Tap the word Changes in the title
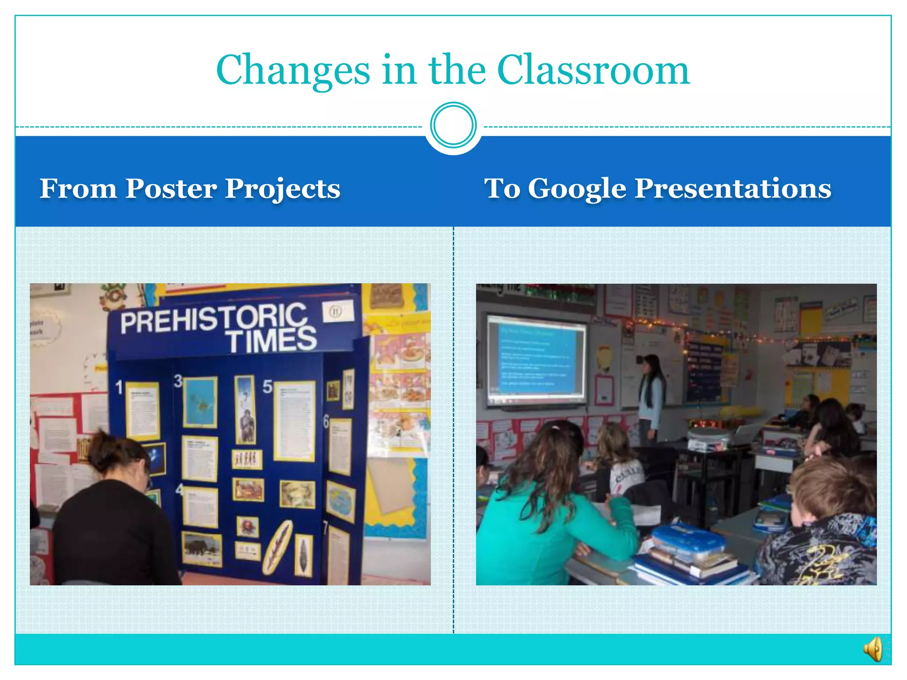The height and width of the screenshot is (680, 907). pyautogui.click(x=293, y=71)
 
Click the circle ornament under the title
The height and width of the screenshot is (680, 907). pyautogui.click(x=453, y=125)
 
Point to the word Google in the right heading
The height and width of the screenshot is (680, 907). pyautogui.click(x=577, y=189)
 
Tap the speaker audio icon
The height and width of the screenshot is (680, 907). pyautogui.click(x=873, y=649)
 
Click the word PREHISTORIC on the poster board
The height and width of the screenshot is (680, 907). pyautogui.click(x=213, y=317)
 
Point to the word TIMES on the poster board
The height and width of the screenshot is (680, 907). pyautogui.click(x=271, y=340)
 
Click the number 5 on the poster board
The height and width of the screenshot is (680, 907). pyautogui.click(x=267, y=386)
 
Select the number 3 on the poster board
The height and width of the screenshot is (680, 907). pyautogui.click(x=178, y=381)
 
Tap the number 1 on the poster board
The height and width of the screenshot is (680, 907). pyautogui.click(x=119, y=387)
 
